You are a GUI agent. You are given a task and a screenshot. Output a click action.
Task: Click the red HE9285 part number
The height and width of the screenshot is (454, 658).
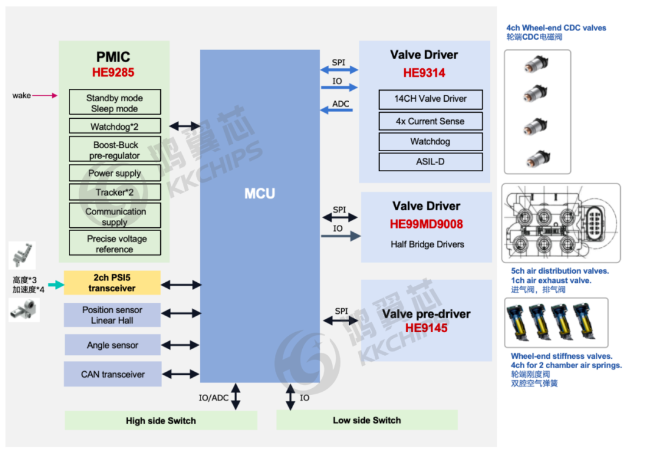coord(113,73)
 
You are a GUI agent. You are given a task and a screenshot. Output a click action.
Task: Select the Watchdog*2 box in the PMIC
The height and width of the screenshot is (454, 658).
coord(115,127)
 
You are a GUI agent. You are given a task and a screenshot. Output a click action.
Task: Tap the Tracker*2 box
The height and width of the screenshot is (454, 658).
coord(115,193)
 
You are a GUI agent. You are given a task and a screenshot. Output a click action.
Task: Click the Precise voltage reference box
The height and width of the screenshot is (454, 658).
coord(115,244)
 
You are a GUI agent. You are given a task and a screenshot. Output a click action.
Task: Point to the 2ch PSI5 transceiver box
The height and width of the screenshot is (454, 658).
coord(112,283)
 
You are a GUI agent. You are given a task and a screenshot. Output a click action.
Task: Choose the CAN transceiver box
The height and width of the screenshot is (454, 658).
coord(113,374)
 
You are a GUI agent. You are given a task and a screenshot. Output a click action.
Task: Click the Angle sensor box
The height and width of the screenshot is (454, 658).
coord(113,345)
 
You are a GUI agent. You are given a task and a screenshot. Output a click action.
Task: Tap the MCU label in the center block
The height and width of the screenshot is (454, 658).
coord(260,194)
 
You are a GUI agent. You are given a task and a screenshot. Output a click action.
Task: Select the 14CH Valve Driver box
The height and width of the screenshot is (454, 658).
coord(430,99)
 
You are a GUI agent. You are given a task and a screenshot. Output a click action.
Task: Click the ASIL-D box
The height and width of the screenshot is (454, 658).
coord(430,162)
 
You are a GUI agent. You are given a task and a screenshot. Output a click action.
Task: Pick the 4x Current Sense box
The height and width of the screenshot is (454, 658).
coord(430,121)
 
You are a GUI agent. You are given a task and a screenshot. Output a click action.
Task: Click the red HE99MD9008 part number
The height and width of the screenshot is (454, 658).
coord(426,224)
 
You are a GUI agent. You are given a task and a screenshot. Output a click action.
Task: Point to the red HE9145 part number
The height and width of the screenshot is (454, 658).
coord(426,328)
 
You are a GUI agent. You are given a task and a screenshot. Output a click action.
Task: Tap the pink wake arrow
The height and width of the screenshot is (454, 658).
coord(45,95)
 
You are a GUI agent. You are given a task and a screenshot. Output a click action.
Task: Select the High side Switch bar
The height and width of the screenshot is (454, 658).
coord(161,420)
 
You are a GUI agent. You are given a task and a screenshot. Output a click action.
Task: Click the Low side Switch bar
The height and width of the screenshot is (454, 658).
coord(367,420)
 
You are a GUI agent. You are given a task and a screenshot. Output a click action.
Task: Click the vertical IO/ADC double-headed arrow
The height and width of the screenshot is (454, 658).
coord(235,397)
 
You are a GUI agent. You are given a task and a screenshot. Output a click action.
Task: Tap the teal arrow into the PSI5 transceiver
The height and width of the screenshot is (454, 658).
coord(55,284)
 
